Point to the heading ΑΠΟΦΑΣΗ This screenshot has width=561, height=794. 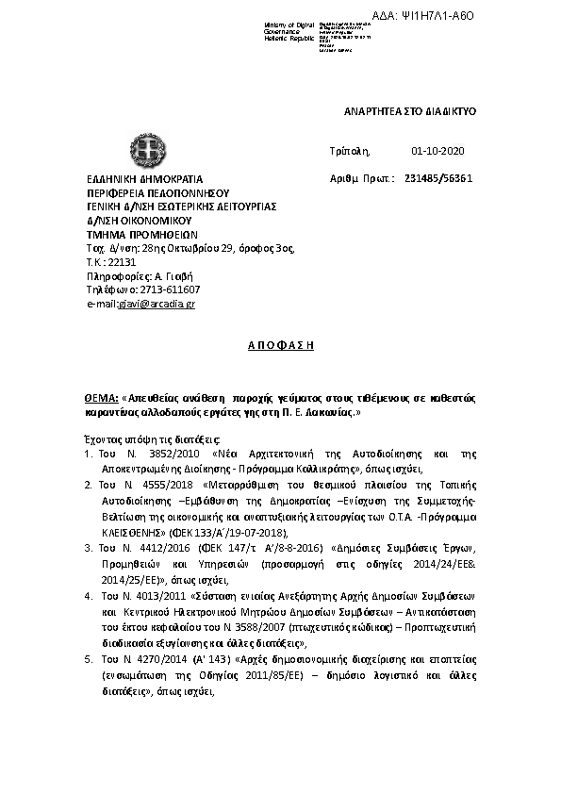pyautogui.click(x=280, y=345)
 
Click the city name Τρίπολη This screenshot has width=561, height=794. pyautogui.click(x=351, y=151)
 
